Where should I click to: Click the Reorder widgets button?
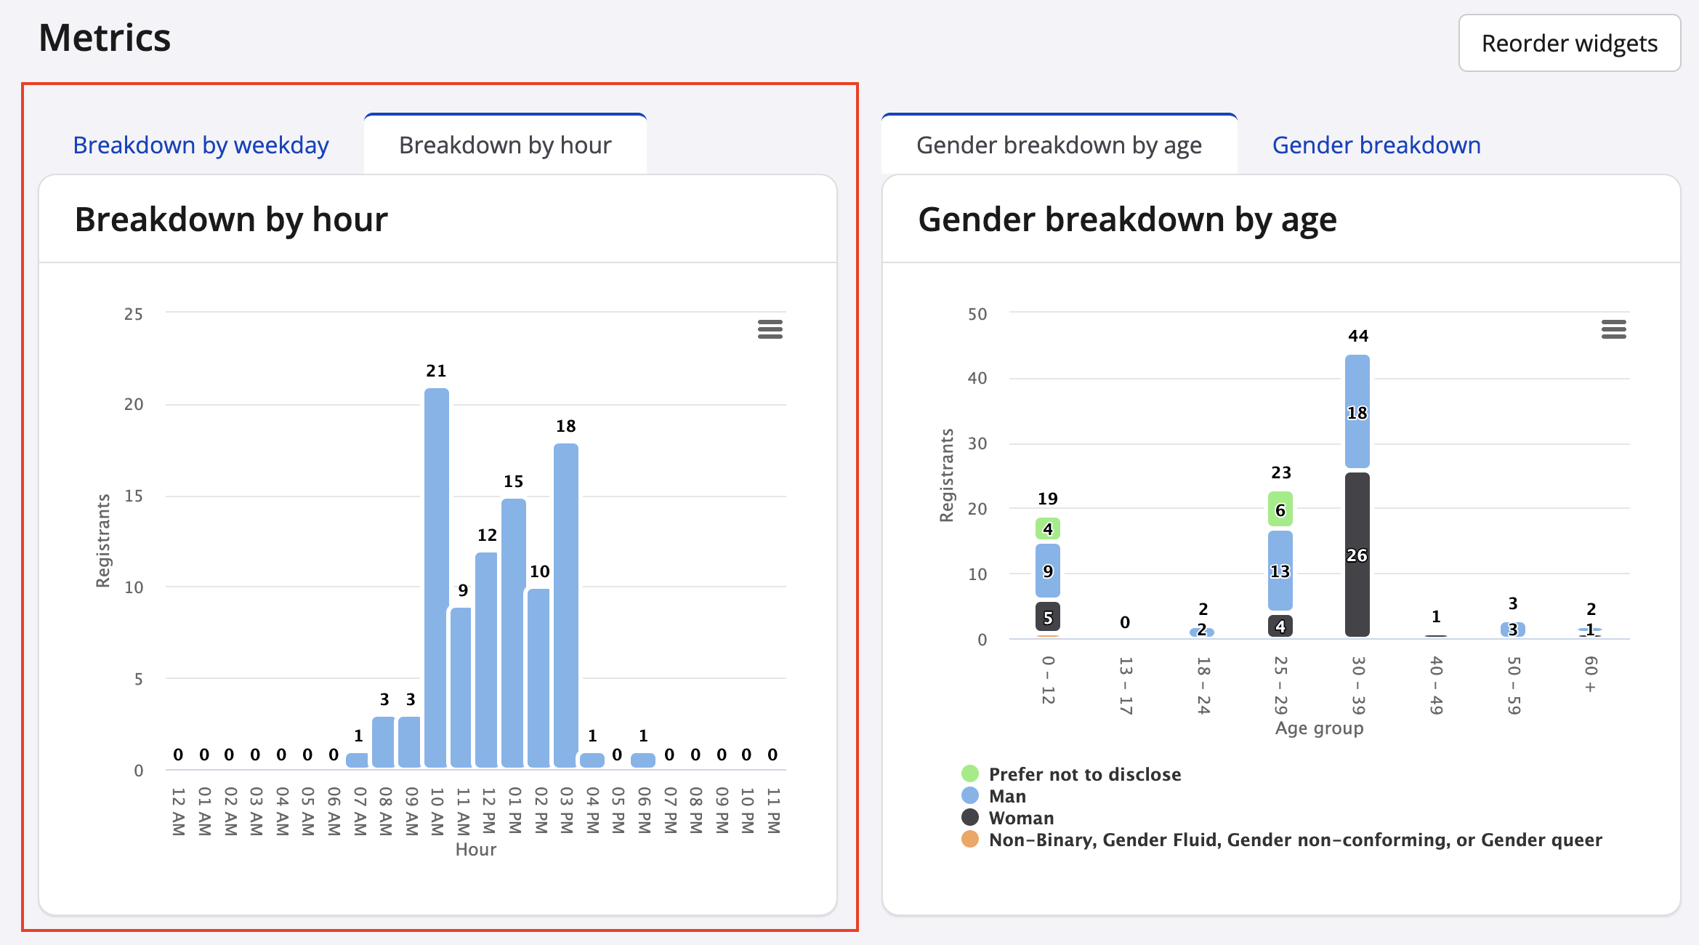tap(1569, 44)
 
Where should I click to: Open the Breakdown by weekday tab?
tap(201, 145)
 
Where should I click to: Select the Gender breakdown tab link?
tap(1376, 145)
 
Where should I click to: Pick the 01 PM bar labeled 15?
tap(514, 632)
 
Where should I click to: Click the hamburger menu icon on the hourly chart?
tap(770, 329)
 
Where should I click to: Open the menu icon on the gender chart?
tap(1613, 329)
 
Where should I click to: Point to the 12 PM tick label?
tap(488, 811)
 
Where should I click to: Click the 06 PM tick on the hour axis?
tap(644, 811)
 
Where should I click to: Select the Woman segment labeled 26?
tap(1357, 555)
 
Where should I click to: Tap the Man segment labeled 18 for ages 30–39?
tap(1357, 412)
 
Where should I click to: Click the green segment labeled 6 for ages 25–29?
tap(1280, 510)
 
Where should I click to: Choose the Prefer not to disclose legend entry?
tap(1084, 774)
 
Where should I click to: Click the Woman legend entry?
tap(1020, 818)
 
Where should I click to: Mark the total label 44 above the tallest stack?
tap(1357, 336)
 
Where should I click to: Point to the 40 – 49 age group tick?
tap(1436, 685)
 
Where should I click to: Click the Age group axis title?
tap(1319, 728)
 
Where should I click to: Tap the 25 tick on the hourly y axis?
tap(134, 314)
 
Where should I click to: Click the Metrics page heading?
tap(105, 38)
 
